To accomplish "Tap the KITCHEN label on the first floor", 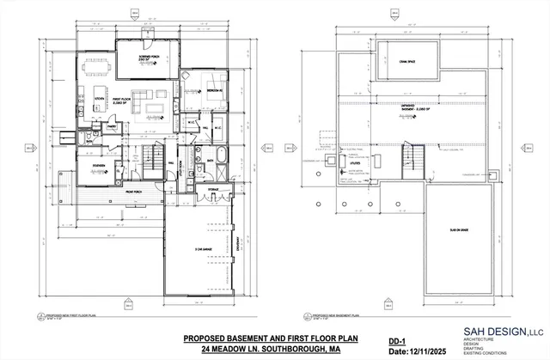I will [x=100, y=101].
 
